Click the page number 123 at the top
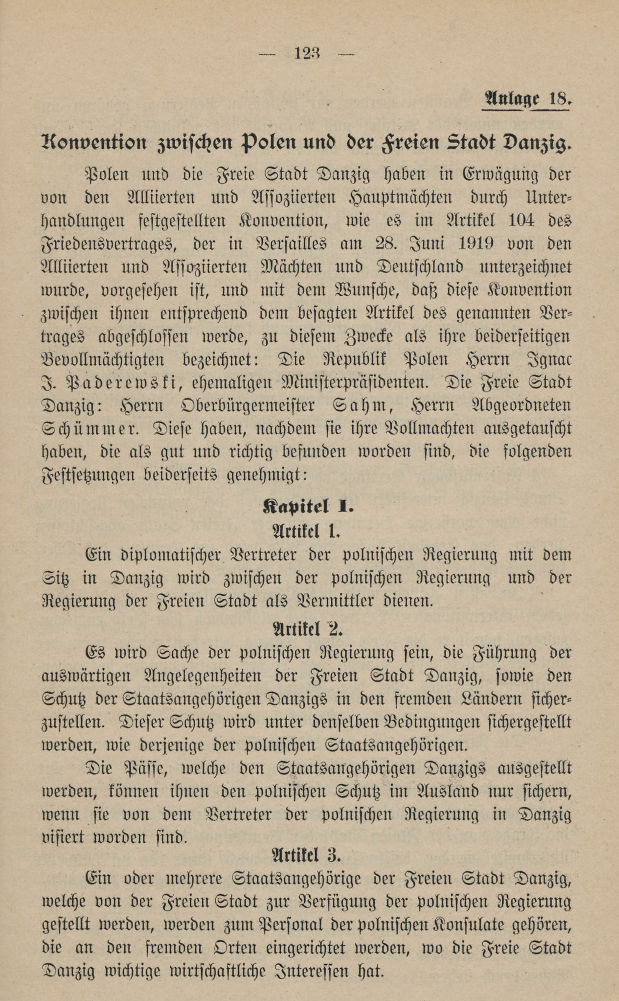point(307,54)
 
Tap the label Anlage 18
point(526,99)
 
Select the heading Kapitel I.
point(307,507)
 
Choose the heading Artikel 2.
point(307,630)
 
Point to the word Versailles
point(291,244)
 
